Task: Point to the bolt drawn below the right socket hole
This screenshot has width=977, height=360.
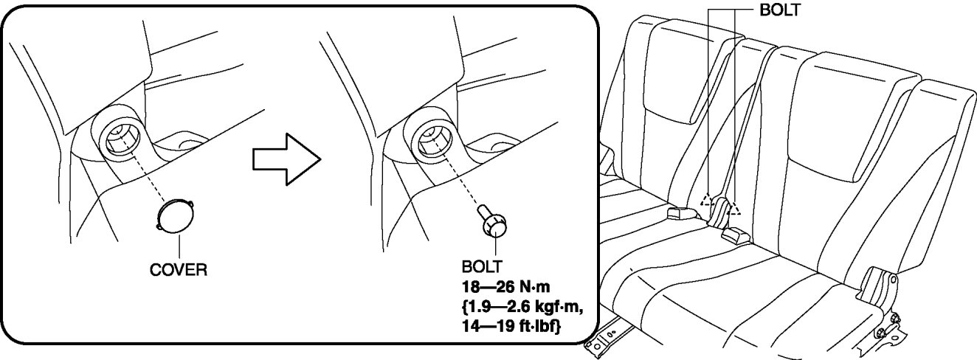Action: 493,220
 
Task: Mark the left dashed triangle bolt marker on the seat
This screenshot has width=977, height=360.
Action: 707,200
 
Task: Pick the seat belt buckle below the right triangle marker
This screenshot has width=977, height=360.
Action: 734,233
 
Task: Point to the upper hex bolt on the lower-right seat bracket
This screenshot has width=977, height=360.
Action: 895,318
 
